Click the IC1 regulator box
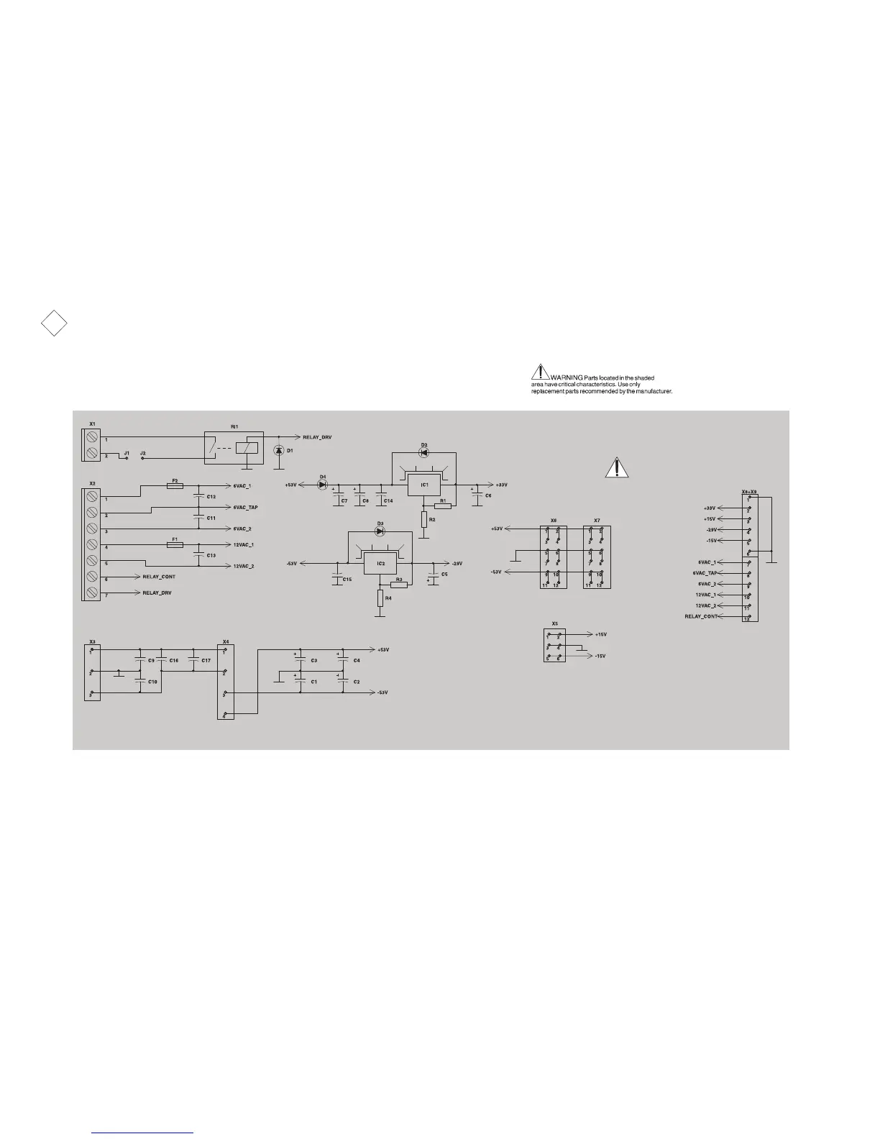coord(424,485)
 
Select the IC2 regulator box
coord(381,564)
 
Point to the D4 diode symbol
coord(322,485)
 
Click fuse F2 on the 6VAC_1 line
coord(175,486)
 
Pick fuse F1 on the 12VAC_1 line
coord(175,545)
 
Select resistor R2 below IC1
coord(424,518)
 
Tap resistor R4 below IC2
coord(380,598)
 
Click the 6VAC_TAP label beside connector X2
coord(245,508)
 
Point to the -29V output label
coord(457,563)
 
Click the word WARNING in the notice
coord(567,378)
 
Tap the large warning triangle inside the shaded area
coord(616,468)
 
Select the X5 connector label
coord(554,623)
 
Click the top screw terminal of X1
coord(91,437)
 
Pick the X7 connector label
coord(597,520)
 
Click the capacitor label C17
coord(206,660)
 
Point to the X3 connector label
coord(92,641)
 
